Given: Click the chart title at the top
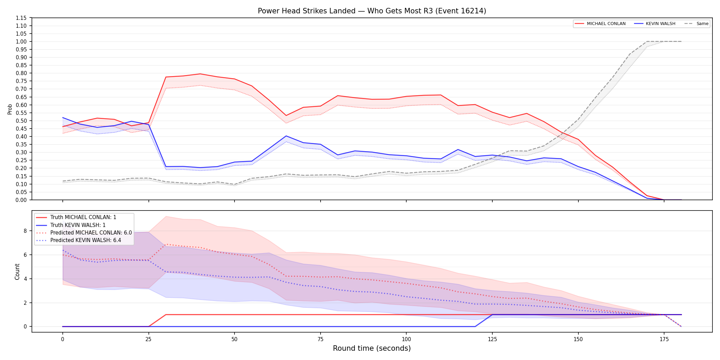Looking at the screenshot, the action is click(372, 11).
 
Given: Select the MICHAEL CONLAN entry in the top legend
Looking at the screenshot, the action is click(600, 24).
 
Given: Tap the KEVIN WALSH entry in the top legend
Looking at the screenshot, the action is click(655, 24).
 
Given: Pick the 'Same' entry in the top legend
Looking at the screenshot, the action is click(696, 24).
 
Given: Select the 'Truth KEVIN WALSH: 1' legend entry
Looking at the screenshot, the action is click(71, 225).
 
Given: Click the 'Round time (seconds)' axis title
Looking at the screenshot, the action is click(372, 349).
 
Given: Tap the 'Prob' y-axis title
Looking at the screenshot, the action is click(10, 109).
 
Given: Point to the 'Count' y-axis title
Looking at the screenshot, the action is click(17, 272).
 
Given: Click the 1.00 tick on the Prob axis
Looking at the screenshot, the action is click(21, 41).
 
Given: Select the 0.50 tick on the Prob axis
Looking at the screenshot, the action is click(21, 121).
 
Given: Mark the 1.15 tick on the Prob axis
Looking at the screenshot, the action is click(21, 18).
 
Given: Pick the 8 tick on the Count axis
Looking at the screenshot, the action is click(25, 231).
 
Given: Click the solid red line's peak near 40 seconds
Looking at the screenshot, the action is click(200, 74).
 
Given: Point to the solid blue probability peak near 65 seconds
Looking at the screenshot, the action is click(286, 136).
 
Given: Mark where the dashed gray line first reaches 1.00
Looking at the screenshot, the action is click(647, 41).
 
